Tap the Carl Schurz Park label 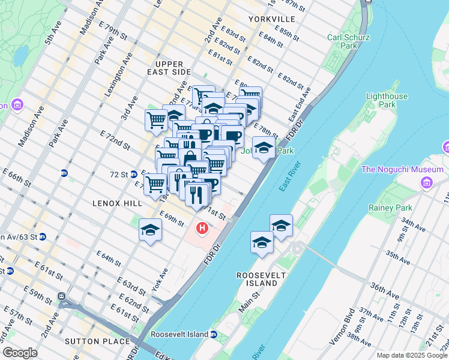[x=348, y=42]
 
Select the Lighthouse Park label [x=387, y=100]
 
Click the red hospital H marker [x=203, y=228]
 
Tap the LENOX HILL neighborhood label [x=118, y=203]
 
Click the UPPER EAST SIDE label [x=172, y=68]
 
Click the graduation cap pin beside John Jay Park [x=263, y=148]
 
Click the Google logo [x=20, y=353]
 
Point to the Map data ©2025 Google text [x=411, y=355]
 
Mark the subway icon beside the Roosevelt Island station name [x=213, y=334]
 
